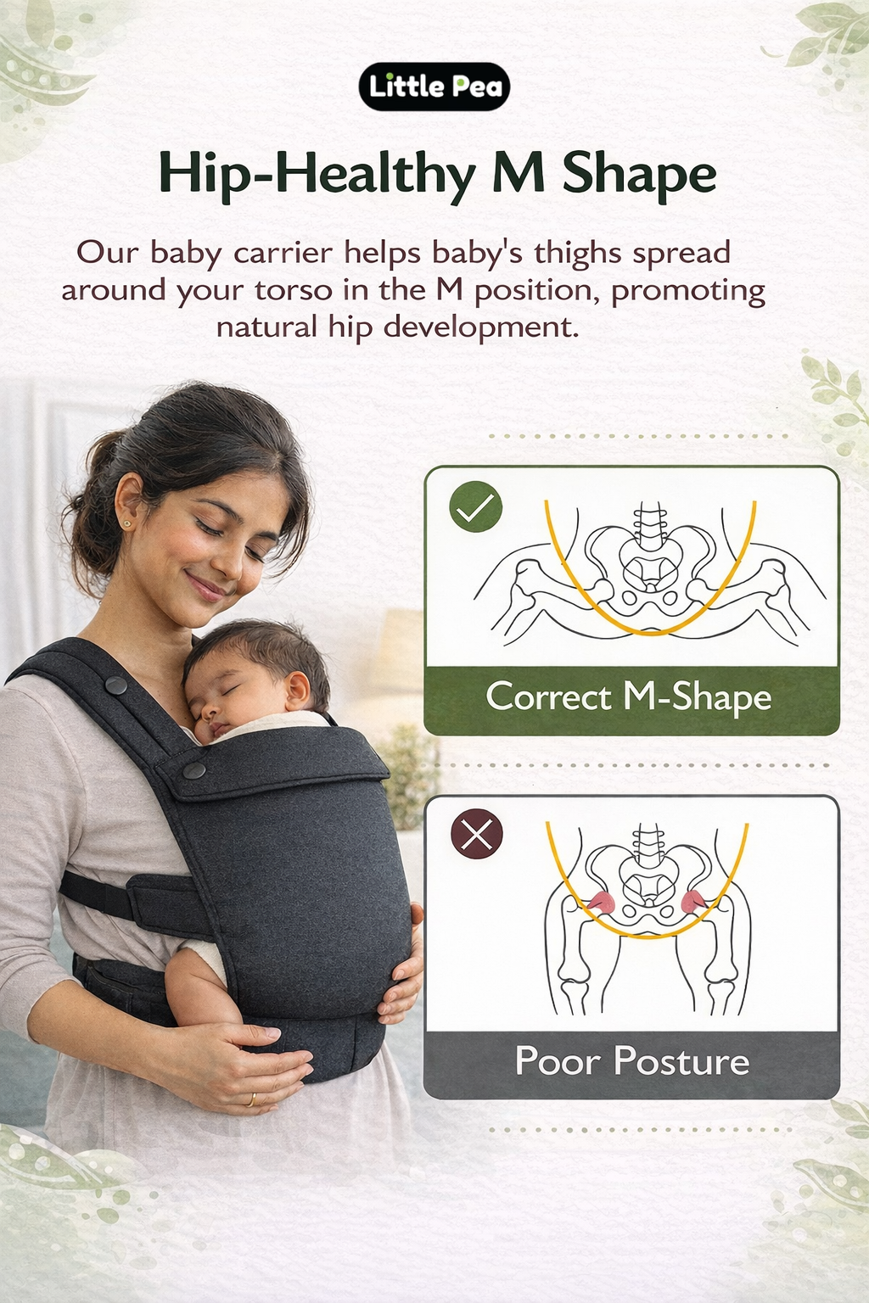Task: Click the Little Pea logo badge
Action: (x=434, y=87)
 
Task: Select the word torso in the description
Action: (x=293, y=290)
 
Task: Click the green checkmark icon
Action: (x=476, y=507)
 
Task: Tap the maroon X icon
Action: (x=476, y=834)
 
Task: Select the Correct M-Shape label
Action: (x=629, y=697)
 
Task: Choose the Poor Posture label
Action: (x=632, y=1061)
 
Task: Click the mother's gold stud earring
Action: (x=126, y=524)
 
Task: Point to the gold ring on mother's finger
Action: (x=250, y=1100)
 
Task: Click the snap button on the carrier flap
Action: (x=194, y=770)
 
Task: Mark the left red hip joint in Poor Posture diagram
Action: (x=600, y=902)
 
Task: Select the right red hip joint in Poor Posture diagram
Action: (x=693, y=901)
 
